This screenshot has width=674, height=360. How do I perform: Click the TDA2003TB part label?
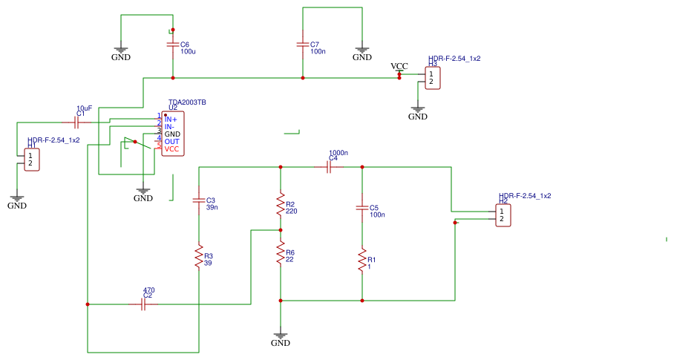187,102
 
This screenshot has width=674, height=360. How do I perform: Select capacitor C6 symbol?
173,45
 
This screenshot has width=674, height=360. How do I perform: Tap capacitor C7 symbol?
302,45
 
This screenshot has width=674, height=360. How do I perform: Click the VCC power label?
399,67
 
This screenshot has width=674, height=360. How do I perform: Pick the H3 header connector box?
432,78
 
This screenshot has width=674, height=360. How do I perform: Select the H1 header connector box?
31,160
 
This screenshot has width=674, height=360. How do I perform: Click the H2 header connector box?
503,215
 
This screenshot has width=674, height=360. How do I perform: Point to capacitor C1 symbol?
76,122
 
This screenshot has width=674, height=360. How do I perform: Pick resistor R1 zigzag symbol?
362,261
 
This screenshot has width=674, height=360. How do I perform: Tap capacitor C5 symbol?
362,208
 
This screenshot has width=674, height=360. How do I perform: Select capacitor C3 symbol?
198,200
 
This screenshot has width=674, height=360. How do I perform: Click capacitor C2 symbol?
143,304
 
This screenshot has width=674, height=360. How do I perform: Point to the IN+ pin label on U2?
171,119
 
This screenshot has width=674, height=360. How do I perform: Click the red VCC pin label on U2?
171,149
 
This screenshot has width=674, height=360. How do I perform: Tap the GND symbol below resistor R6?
281,338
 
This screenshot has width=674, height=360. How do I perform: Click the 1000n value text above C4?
338,152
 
